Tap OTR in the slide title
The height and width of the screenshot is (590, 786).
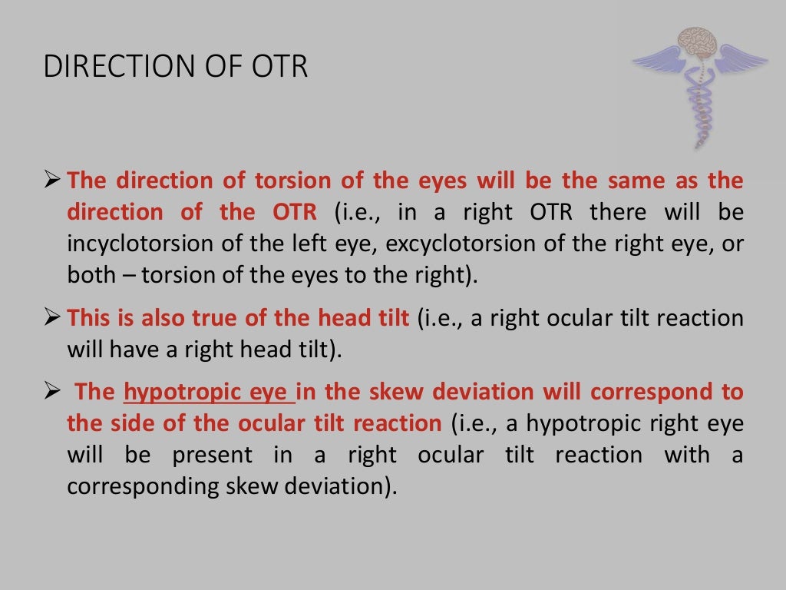(279, 67)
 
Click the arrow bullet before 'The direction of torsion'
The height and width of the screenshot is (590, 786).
(52, 181)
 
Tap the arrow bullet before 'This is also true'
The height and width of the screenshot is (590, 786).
(52, 318)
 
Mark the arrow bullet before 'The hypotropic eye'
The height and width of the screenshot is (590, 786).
(52, 392)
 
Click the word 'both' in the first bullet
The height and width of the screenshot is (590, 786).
(90, 275)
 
